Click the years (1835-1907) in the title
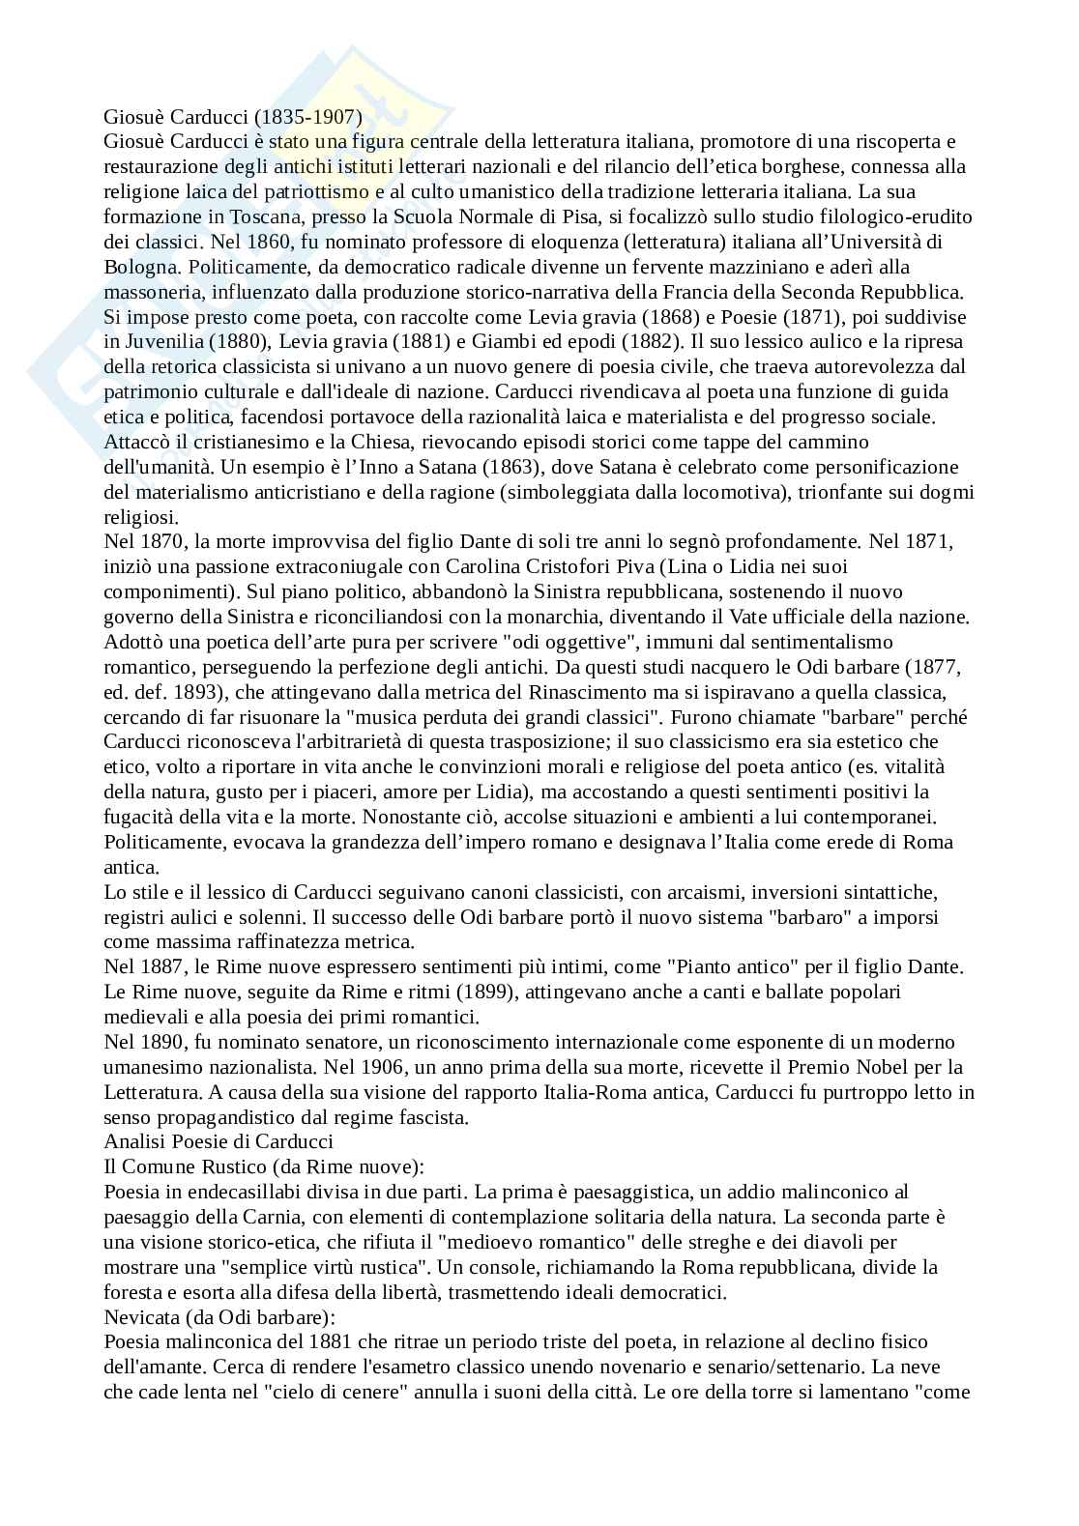coord(309,117)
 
